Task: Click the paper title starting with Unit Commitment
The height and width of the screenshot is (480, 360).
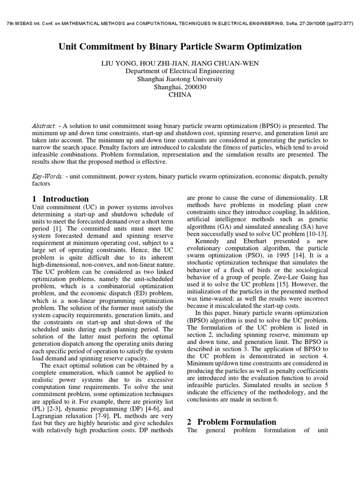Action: pos(180,46)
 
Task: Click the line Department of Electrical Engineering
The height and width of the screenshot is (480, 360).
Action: pos(180,71)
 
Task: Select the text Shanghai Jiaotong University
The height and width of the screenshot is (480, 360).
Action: pos(180,79)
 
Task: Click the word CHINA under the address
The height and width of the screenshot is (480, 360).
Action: pos(180,94)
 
